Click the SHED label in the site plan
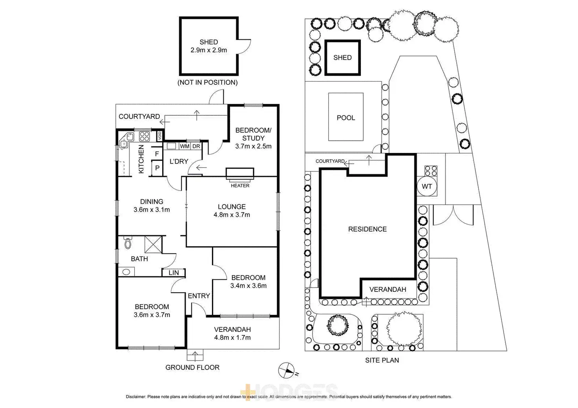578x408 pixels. click(342, 58)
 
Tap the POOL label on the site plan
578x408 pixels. click(346, 118)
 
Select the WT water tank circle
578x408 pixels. click(427, 186)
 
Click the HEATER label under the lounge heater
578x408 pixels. click(240, 186)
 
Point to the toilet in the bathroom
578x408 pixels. click(127, 243)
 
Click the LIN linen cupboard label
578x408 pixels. click(174, 273)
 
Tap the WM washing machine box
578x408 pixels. click(185, 146)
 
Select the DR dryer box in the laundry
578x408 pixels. click(196, 146)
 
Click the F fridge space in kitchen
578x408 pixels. click(157, 154)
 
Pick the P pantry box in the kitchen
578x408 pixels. click(157, 168)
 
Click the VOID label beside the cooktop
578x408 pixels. click(160, 136)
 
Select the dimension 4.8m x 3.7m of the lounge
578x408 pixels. click(232, 215)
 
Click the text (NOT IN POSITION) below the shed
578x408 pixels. click(208, 82)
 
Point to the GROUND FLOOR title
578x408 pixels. click(192, 368)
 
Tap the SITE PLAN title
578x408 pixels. click(382, 360)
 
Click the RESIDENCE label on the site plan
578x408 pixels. click(368, 229)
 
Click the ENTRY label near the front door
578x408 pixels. click(199, 296)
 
